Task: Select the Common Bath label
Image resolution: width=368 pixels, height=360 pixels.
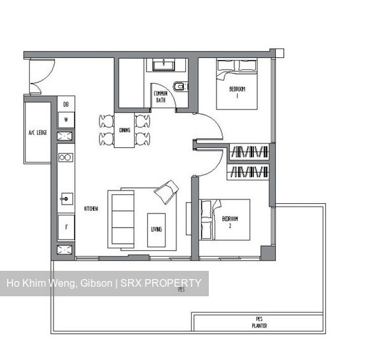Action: click(x=160, y=96)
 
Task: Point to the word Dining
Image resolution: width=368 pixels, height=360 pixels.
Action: click(x=124, y=131)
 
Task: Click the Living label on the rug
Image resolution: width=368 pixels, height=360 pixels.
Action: click(x=156, y=229)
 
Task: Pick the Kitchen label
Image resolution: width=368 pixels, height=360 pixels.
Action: click(x=90, y=208)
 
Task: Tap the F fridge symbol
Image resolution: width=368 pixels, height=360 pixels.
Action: click(x=66, y=226)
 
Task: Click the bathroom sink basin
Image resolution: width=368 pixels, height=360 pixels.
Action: click(x=165, y=64)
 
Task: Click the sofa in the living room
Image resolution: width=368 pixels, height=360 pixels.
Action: click(x=121, y=217)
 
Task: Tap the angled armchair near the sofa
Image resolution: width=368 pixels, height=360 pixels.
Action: click(x=167, y=190)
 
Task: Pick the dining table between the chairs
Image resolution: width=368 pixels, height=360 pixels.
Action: click(x=124, y=130)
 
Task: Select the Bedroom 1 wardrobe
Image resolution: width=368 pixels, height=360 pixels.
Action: click(x=248, y=152)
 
